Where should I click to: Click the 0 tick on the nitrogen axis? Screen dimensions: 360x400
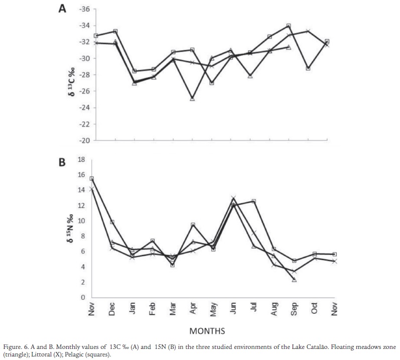(x=84, y=298)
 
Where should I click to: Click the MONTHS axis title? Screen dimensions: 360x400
(x=207, y=331)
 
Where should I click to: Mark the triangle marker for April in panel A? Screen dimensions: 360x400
(x=192, y=99)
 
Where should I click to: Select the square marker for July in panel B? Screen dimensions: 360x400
(x=254, y=201)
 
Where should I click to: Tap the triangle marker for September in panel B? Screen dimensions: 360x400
(x=294, y=280)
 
